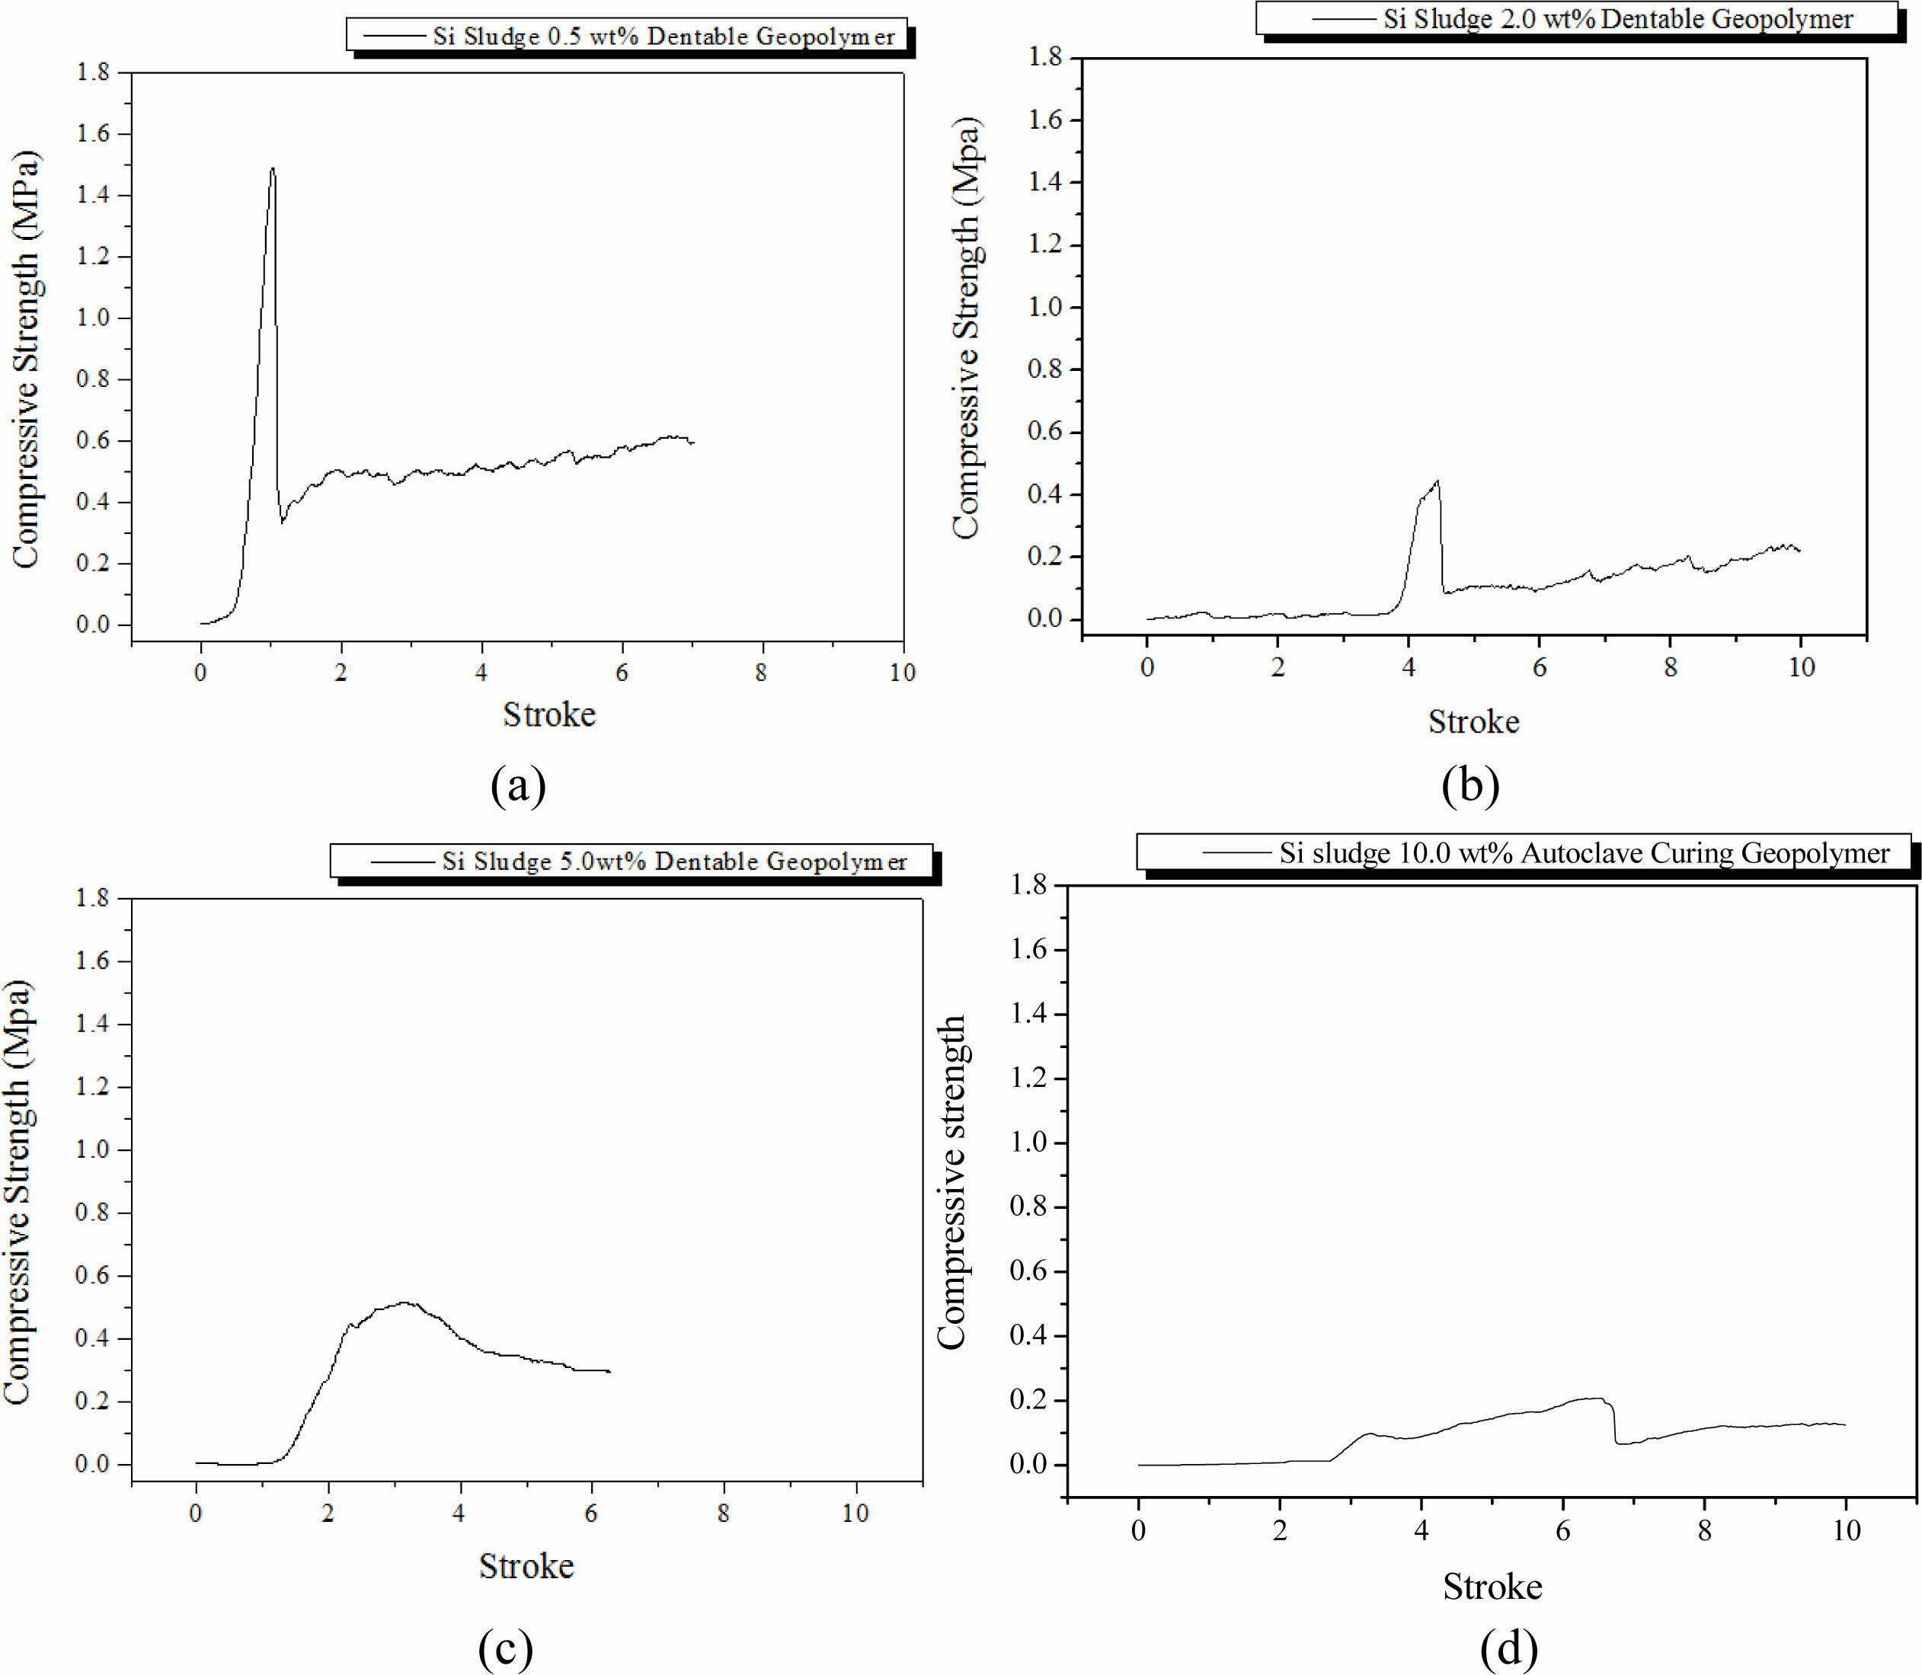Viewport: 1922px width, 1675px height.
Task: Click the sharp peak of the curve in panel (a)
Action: [x=272, y=169]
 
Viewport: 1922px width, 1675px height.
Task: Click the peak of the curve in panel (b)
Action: [x=1437, y=481]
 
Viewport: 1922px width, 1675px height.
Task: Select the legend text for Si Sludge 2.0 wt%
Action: [x=1618, y=19]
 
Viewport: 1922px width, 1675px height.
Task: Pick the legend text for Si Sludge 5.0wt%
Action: [x=674, y=861]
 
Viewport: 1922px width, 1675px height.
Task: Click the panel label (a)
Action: [x=518, y=785]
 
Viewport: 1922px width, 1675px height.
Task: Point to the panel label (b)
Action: [x=1469, y=785]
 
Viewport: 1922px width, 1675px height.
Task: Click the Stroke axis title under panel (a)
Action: [x=548, y=715]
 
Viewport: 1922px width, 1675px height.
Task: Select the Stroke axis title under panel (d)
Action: [x=1492, y=1587]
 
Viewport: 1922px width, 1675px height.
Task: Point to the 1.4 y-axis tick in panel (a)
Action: [x=92, y=195]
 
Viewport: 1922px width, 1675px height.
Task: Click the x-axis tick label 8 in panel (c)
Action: [x=723, y=1514]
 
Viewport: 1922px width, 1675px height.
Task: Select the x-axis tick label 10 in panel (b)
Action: [x=1800, y=667]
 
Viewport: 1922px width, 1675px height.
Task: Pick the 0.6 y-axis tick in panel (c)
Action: [x=92, y=1276]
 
